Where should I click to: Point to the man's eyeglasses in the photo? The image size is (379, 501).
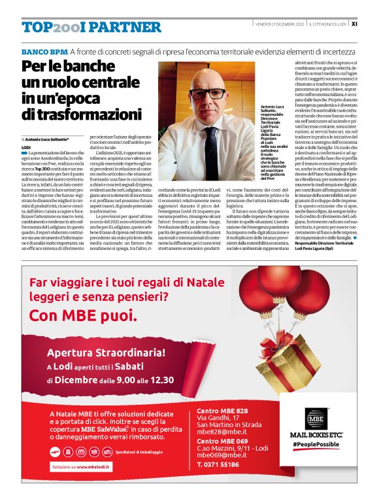click(207, 92)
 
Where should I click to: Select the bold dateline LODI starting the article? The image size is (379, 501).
click(27, 148)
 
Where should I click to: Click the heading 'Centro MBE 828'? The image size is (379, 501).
click(222, 411)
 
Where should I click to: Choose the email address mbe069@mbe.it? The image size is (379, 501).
click(223, 454)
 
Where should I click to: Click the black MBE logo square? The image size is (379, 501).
click(316, 417)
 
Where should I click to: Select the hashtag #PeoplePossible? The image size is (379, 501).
click(316, 445)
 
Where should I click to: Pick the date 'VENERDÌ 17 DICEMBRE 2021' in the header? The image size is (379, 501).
click(280, 24)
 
